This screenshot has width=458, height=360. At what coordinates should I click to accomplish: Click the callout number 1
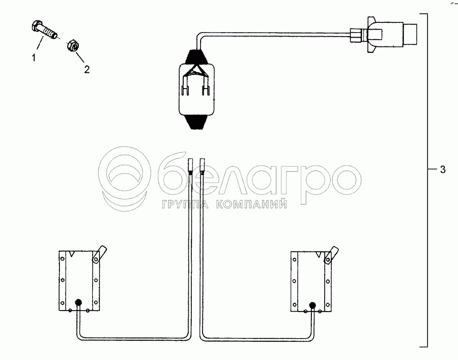point(34,58)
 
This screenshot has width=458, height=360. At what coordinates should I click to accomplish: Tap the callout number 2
point(87,69)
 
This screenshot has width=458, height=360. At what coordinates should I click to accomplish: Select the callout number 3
point(443,170)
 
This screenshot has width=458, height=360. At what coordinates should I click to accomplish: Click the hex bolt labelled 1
point(44,30)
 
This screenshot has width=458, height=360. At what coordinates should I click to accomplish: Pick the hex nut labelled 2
point(72,45)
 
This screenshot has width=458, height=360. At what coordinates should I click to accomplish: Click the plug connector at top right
point(383,34)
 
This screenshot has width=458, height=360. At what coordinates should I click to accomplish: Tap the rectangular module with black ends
point(196,89)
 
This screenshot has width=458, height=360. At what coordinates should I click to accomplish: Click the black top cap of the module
point(196,57)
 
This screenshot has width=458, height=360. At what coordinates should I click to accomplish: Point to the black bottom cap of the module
point(196,122)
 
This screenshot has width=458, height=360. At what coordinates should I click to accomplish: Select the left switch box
point(79,281)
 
